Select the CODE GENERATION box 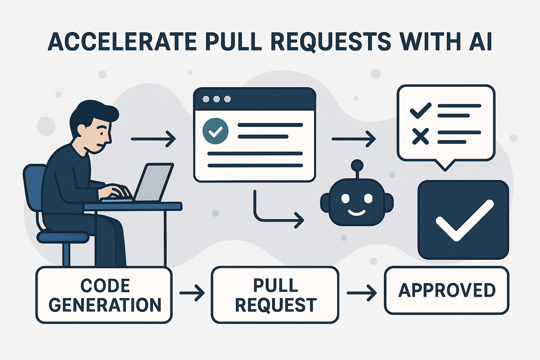point(104,295)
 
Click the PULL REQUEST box point(275,295)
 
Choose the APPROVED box point(446,290)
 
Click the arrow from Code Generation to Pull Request point(192,292)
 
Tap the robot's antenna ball point(357,165)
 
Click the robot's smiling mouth point(356,212)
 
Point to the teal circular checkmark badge point(216,131)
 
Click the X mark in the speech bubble point(420,136)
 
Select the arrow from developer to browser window point(153,139)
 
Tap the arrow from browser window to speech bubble point(353,139)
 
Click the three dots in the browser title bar point(217,99)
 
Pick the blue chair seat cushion point(63,237)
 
